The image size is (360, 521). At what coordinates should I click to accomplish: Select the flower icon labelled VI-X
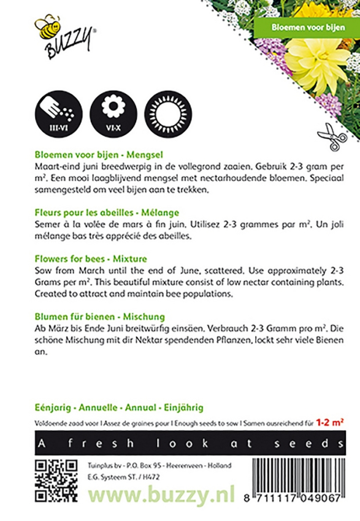(x=112, y=112)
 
